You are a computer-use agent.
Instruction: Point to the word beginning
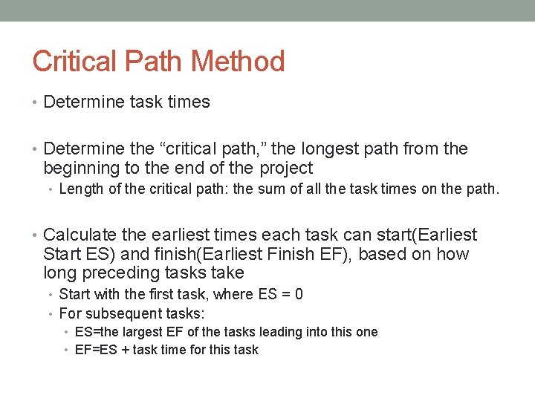(x=82, y=169)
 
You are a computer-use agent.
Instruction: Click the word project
(x=287, y=169)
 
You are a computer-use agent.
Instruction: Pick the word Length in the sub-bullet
(x=82, y=189)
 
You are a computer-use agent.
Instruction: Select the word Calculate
(x=80, y=235)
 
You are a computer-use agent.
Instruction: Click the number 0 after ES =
(x=299, y=294)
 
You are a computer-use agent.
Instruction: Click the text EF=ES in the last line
(x=95, y=350)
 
